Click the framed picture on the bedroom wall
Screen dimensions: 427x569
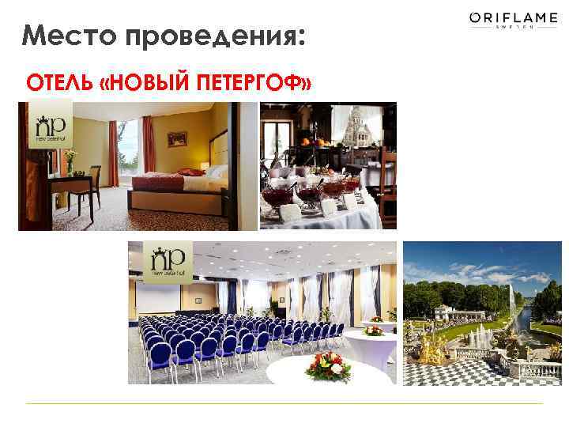pyautogui.click(x=177, y=138)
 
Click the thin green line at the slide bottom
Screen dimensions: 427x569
pyautogui.click(x=284, y=403)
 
